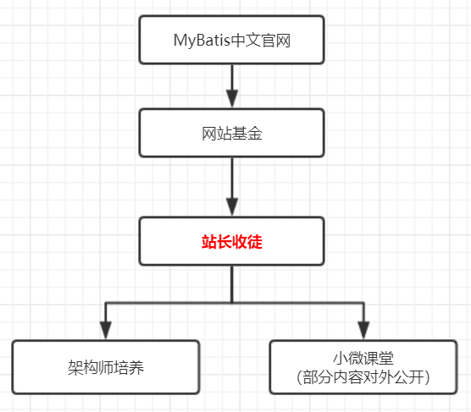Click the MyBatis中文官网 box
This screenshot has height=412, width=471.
(x=231, y=40)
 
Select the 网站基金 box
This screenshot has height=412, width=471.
(x=231, y=133)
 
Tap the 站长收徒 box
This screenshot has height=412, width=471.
(x=231, y=241)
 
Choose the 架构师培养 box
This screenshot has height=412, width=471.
(x=106, y=367)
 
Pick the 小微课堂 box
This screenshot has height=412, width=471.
(x=363, y=367)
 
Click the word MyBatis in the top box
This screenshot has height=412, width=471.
(x=202, y=41)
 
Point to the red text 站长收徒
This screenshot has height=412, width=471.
(x=232, y=242)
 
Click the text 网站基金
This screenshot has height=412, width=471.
(x=232, y=134)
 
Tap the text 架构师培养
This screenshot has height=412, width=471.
(x=106, y=367)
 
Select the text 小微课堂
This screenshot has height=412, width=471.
(x=363, y=358)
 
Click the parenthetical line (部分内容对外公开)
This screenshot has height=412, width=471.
(x=363, y=377)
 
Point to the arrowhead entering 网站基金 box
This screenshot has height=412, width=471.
(x=232, y=99)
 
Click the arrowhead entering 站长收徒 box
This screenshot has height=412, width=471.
(x=232, y=207)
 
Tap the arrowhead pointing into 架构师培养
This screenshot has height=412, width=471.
(x=106, y=331)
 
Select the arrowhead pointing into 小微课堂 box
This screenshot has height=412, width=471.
(x=363, y=331)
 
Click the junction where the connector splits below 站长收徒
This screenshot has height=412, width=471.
(x=232, y=303)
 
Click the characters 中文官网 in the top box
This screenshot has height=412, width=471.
(x=261, y=41)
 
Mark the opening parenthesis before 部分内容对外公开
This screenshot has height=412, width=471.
(x=299, y=377)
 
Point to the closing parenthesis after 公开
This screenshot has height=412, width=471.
(x=428, y=377)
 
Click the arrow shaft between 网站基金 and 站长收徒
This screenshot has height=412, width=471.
(x=232, y=178)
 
